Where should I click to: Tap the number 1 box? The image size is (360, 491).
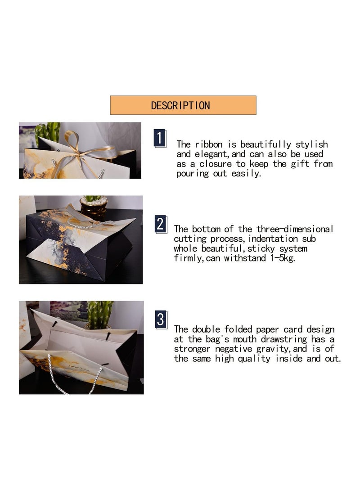click(x=160, y=138)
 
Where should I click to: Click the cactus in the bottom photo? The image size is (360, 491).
click(x=100, y=314)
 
